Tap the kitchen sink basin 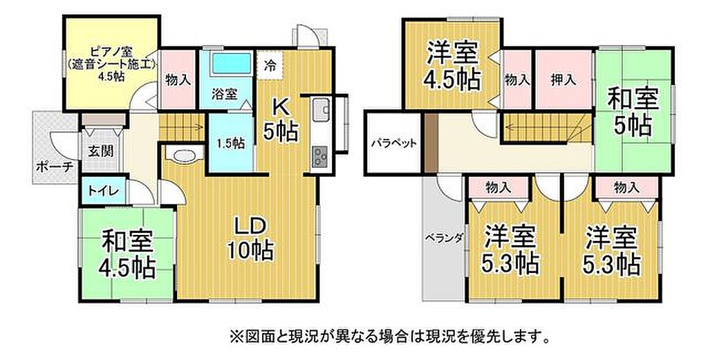coord(321,110)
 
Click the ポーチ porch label coord(55,167)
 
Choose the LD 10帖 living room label coord(249,239)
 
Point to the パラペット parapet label coord(393,144)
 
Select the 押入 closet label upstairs coord(563,81)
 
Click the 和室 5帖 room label coord(632,113)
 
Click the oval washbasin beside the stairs coord(183,155)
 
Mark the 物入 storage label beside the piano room coord(178,81)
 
